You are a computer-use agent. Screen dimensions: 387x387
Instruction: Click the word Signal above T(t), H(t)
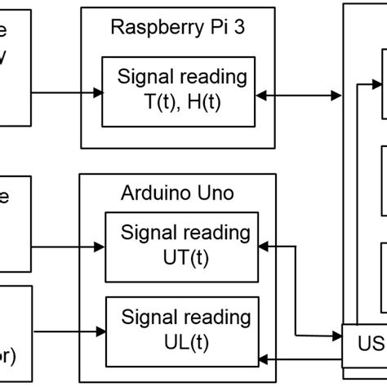(145, 78)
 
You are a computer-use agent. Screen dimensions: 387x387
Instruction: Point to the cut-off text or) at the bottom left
(10, 357)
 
